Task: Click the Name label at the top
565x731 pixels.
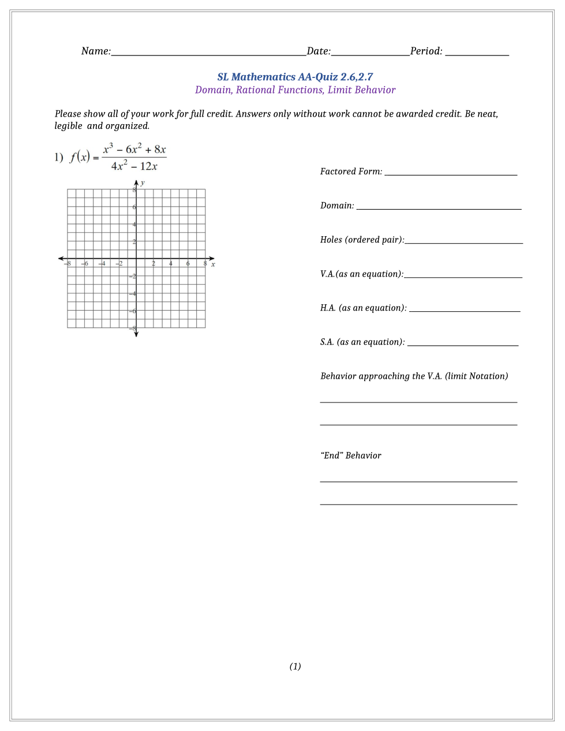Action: (x=96, y=51)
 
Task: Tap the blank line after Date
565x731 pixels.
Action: (x=371, y=53)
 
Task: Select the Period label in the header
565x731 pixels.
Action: (x=426, y=51)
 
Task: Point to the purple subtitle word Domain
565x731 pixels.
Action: (x=212, y=90)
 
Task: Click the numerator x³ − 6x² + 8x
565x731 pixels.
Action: (x=134, y=149)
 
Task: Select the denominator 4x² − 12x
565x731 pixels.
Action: (x=134, y=166)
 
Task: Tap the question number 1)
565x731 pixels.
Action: (x=58, y=157)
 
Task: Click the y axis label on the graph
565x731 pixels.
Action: (x=143, y=182)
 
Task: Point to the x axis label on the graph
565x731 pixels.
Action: (x=213, y=264)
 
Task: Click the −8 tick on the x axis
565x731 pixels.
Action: (x=68, y=264)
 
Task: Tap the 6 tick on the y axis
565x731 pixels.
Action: (x=134, y=207)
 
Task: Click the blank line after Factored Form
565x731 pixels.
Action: (x=451, y=173)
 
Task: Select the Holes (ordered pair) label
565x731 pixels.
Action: (x=362, y=240)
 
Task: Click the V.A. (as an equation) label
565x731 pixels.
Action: (x=361, y=274)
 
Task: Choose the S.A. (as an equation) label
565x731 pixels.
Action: (x=362, y=342)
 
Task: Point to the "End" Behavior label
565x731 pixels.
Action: (x=351, y=456)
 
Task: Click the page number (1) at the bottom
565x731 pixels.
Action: (x=295, y=666)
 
